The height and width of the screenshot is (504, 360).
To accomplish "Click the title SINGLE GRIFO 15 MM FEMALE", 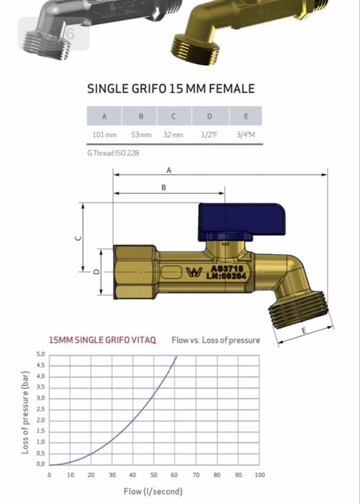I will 171,89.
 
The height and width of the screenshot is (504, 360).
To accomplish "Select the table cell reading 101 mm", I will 104,134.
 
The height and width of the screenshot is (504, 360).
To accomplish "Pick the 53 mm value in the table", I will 141,134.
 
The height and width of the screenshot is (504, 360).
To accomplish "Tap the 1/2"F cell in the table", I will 210,134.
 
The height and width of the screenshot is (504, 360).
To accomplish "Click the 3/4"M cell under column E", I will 245,134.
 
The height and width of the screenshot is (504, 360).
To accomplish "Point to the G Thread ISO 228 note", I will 113,153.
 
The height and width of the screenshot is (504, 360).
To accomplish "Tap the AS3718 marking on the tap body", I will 227,269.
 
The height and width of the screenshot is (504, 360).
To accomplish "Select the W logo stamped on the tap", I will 193,272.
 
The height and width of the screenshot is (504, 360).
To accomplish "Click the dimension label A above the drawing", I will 169,170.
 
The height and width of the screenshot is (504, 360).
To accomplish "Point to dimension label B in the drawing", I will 164,188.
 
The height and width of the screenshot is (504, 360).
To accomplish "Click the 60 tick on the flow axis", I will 175,475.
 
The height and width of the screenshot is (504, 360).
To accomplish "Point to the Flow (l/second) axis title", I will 153,491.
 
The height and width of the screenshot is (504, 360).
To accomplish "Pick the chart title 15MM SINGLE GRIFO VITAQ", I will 103,340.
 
